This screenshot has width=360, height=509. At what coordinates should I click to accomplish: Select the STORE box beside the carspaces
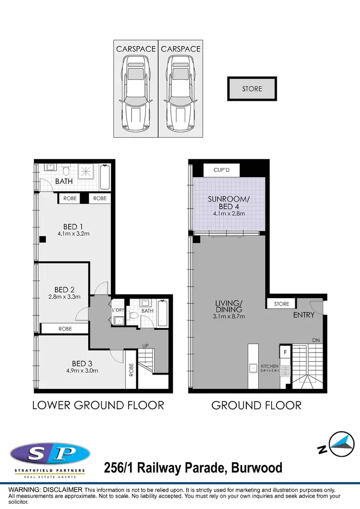[x=252, y=89]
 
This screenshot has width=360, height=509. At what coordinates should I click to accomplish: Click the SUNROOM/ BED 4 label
[x=229, y=203]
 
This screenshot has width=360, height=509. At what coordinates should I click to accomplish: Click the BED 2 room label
[x=64, y=290]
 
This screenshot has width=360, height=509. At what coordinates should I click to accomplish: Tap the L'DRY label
[x=118, y=311]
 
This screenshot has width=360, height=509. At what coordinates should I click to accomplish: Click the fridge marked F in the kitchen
[x=285, y=352]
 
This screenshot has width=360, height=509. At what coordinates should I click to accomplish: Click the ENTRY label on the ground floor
[x=303, y=315]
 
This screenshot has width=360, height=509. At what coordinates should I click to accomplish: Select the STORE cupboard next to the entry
[x=282, y=304]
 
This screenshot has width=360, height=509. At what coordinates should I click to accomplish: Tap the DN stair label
[x=315, y=340]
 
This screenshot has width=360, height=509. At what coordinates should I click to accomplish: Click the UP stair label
[x=145, y=346]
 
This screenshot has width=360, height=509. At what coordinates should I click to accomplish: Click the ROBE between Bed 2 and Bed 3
[x=65, y=329]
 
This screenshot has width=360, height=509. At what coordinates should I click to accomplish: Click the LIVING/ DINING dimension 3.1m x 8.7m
[x=229, y=316]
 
